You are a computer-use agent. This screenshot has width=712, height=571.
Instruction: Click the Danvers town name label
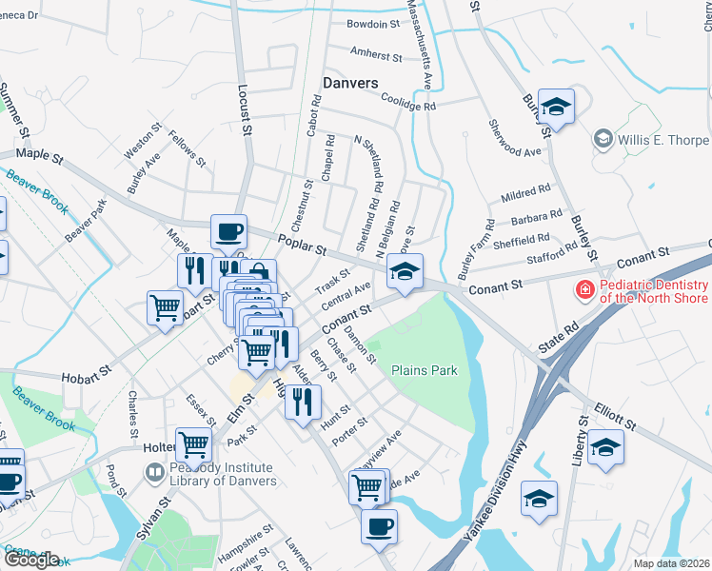click(350, 83)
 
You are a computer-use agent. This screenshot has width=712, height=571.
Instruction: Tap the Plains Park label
click(425, 370)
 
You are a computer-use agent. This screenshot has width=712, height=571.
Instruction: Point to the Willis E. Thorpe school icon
click(602, 140)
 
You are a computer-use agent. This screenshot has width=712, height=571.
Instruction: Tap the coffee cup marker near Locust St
click(228, 231)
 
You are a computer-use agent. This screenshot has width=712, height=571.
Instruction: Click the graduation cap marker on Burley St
click(556, 107)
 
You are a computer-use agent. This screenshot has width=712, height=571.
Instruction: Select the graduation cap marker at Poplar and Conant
click(405, 273)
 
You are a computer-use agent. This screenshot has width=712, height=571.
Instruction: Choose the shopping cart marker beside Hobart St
click(165, 308)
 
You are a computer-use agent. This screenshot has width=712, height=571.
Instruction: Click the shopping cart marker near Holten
click(194, 444)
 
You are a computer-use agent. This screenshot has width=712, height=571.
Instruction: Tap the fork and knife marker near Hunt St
click(303, 404)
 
